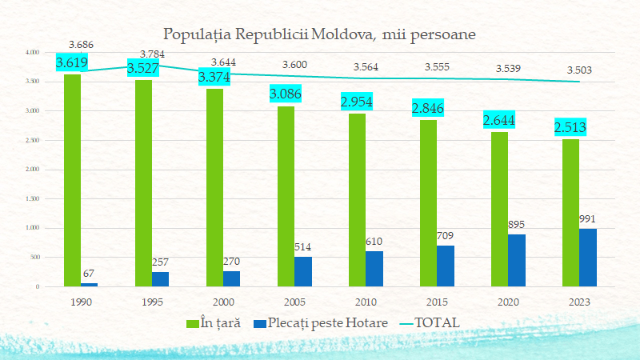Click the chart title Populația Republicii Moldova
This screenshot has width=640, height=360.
tap(320, 35)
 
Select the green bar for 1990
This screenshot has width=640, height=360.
tap(72, 180)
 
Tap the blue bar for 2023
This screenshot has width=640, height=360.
tap(588, 258)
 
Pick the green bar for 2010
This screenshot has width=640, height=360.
tap(357, 200)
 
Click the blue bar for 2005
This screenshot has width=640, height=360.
tap(303, 271)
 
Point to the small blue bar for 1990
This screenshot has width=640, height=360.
tap(89, 284)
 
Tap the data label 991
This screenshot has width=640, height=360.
tap(588, 219)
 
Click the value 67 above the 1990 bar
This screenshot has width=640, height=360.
tap(88, 274)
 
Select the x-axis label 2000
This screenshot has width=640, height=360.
tap(223, 302)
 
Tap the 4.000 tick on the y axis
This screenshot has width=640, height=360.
tap(32, 52)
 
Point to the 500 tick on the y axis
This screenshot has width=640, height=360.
tap(34, 257)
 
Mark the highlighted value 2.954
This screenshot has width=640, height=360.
tap(358, 102)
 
